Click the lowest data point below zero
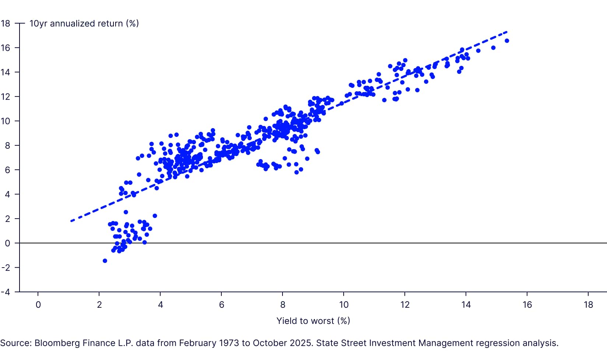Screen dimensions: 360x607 (x=105, y=261)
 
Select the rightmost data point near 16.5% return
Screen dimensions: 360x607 (x=507, y=41)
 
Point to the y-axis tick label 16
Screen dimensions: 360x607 (x=6, y=48)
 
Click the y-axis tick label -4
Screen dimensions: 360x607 (x=6, y=292)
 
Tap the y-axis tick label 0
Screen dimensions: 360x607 (x=7, y=243)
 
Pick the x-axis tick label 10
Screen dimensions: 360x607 (x=344, y=305)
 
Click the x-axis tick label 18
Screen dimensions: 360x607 (x=588, y=305)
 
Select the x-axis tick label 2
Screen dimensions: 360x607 (x=99, y=305)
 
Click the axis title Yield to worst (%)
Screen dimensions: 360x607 (x=313, y=321)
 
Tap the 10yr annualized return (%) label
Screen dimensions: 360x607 (x=84, y=24)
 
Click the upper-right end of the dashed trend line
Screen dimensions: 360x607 (x=506, y=32)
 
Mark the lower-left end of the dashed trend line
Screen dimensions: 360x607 (x=71, y=221)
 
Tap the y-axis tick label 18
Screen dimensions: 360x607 (x=6, y=24)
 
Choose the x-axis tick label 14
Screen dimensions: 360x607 (x=466, y=305)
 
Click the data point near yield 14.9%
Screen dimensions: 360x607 (x=493, y=48)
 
